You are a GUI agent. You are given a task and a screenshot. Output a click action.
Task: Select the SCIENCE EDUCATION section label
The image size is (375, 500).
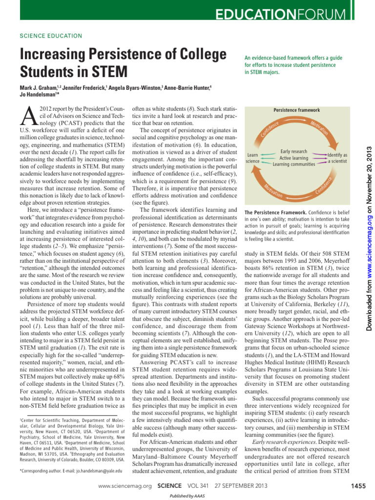51,36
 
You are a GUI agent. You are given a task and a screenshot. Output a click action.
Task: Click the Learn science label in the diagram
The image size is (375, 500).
252,158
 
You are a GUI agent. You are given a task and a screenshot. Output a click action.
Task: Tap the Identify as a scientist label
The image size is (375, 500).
337,158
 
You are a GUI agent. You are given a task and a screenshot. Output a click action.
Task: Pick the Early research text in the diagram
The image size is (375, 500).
294,152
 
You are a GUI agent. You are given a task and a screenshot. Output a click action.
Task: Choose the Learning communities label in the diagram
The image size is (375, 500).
294,164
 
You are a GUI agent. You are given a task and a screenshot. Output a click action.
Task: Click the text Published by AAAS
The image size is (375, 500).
187,496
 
